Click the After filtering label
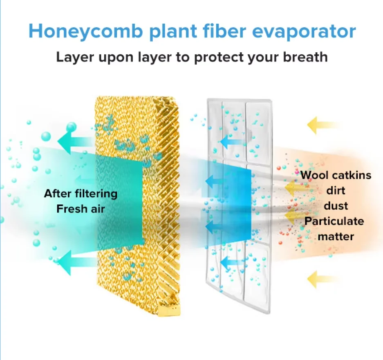pyautogui.click(x=81, y=194)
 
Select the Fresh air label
pyautogui.click(x=81, y=209)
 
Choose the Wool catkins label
pyautogui.click(x=336, y=175)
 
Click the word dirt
pyautogui.click(x=336, y=190)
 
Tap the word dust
pyautogui.click(x=336, y=206)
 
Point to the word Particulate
pyautogui.click(x=334, y=221)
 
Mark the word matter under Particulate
pyautogui.click(x=336, y=236)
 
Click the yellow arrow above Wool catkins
pyautogui.click(x=321, y=125)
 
